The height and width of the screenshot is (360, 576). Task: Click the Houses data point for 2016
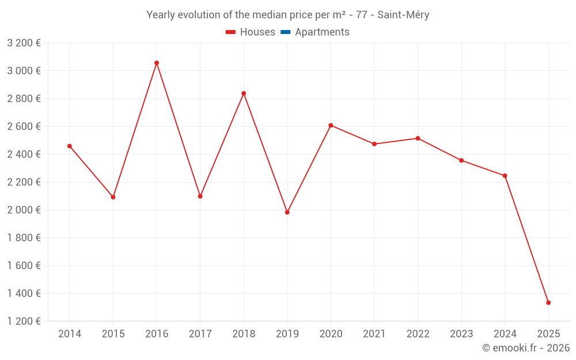coord(157,63)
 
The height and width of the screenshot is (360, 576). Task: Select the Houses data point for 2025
coord(548,302)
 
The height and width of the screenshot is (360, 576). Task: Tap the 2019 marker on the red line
coord(287,213)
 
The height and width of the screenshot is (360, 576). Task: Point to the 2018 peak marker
coord(244,93)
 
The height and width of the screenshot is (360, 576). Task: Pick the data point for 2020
coord(331,125)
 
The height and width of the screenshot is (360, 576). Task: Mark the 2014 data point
coord(70,146)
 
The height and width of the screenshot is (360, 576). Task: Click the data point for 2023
coord(461,160)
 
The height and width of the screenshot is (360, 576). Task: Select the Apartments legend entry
coord(322,32)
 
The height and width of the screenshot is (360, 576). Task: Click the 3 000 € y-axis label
coord(24,71)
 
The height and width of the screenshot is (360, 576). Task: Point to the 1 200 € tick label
coord(24,321)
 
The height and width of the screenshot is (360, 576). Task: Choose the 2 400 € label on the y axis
coord(24,154)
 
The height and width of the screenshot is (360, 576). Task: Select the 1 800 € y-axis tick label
coord(24,238)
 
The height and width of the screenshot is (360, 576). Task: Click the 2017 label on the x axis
coord(200,334)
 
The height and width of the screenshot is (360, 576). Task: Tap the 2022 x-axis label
coord(418,334)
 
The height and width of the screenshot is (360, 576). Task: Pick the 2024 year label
coord(505,334)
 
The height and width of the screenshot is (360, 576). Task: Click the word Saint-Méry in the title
coord(403,15)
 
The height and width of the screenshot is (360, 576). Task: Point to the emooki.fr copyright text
coord(526,348)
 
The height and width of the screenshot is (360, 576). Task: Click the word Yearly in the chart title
coord(161,15)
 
